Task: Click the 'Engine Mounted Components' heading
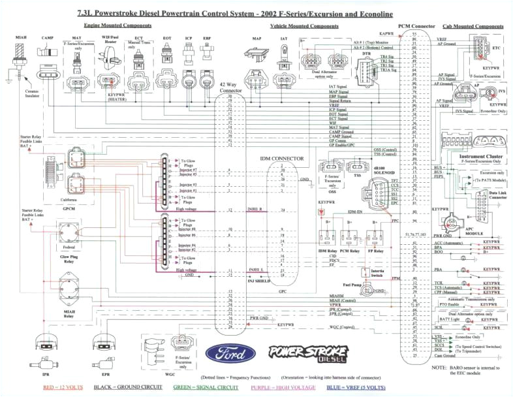click(x=117, y=25)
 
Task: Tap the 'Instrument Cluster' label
click(x=480, y=157)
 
